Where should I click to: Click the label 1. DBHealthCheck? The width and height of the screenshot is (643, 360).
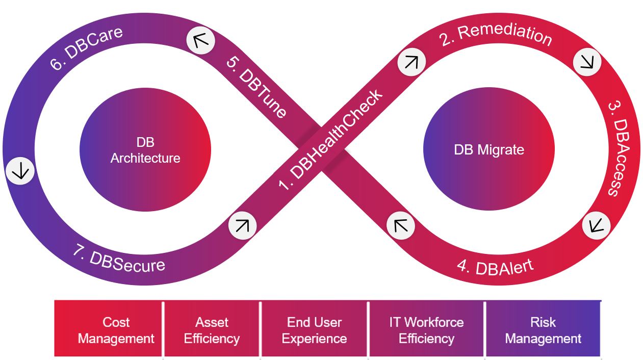[x=330, y=141]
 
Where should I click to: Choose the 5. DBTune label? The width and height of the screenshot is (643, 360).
[x=255, y=86]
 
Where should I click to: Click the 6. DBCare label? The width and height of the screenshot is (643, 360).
[x=86, y=48]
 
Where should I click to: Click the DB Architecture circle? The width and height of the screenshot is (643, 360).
[x=145, y=150]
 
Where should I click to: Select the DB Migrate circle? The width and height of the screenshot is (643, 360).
[x=489, y=150]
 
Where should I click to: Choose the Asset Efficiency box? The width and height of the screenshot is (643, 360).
[x=212, y=329]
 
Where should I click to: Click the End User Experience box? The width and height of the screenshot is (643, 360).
[x=314, y=329]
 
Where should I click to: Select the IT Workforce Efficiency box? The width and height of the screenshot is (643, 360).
[x=426, y=329]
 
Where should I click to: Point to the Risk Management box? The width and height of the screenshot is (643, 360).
[x=543, y=329]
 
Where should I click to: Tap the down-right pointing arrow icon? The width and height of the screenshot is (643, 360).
[x=587, y=62]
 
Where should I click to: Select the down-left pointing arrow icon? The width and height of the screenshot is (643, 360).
[x=596, y=224]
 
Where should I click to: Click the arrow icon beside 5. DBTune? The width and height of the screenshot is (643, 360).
[x=200, y=40]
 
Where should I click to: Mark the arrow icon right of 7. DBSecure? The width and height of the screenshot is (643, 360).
[x=242, y=225]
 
